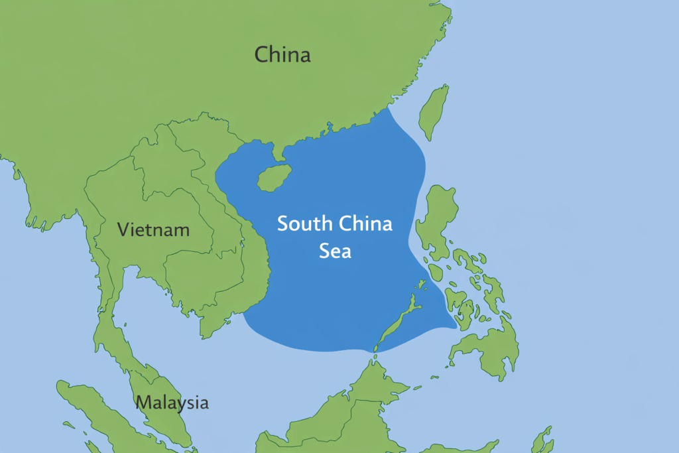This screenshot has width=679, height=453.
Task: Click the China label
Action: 282,54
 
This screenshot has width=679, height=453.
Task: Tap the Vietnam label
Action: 153,230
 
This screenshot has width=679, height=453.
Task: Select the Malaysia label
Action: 172,402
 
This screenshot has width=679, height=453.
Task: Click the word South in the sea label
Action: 306,224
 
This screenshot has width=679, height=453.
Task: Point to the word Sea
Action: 335,251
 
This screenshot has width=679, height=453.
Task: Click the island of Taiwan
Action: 434,111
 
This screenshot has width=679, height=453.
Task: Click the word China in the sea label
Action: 365,224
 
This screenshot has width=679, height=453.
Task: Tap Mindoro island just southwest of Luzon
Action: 435,273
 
